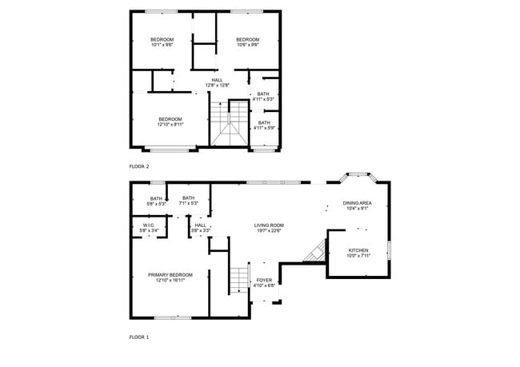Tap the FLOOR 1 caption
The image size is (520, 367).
point(139,337)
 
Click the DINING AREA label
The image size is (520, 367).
point(357,203)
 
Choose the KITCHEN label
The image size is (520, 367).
point(358,250)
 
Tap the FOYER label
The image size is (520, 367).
point(264,280)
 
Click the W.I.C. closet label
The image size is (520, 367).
point(149,225)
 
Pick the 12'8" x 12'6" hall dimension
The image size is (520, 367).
point(217,86)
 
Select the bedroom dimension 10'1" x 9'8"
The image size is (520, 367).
point(162,46)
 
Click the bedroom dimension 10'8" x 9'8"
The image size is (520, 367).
point(248,46)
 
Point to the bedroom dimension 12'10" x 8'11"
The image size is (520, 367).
point(170,125)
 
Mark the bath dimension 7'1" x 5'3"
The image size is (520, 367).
point(188,204)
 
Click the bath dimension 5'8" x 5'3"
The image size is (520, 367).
point(157,204)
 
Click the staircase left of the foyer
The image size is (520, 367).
point(239,280)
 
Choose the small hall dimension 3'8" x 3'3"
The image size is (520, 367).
point(200,231)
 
